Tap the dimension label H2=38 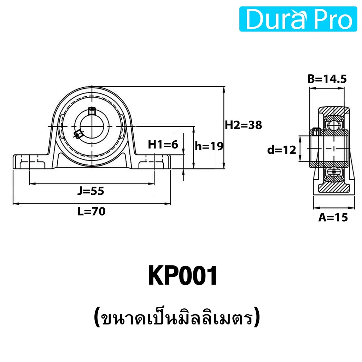(243, 125)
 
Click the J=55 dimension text (91, 191)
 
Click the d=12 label (281, 150)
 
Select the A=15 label (333, 217)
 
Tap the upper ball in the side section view (333, 125)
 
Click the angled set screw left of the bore (77, 134)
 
